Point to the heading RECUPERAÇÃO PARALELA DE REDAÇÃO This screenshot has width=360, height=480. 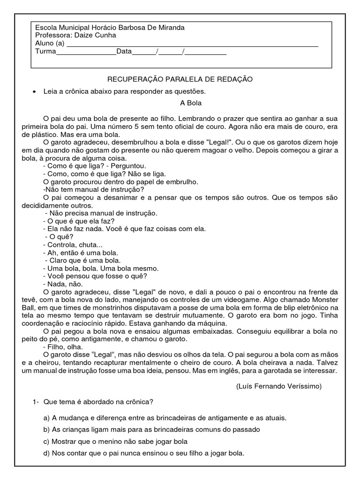point(180,79)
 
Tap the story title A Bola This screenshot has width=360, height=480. point(190,103)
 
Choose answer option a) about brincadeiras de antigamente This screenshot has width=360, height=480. point(165,417)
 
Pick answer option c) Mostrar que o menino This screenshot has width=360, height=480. point(115,441)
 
